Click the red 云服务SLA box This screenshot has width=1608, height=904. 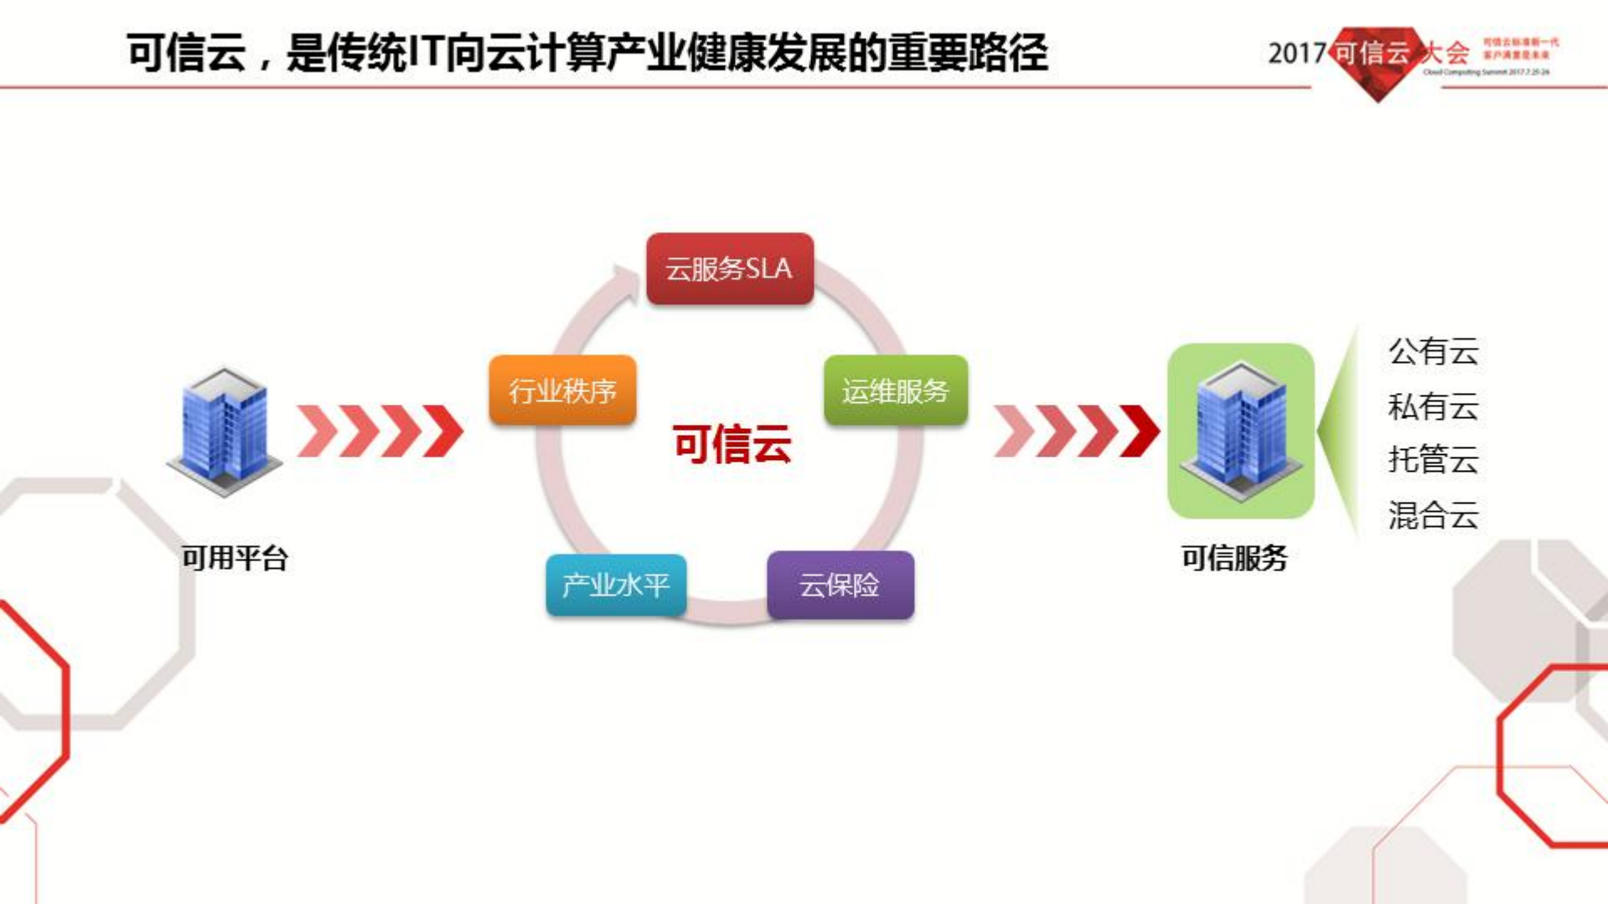tap(729, 269)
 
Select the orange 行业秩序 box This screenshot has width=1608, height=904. tap(562, 390)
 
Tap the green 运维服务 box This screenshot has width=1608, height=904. tap(895, 390)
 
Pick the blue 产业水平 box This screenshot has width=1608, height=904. tap(616, 585)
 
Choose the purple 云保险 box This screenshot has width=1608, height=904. tap(840, 585)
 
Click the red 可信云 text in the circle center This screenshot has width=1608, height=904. tap(732, 444)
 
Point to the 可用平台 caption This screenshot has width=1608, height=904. tap(235, 558)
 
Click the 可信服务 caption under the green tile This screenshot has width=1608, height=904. tap(1233, 558)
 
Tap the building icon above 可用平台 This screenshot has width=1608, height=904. tap(225, 431)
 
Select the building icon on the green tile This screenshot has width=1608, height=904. tap(1240, 431)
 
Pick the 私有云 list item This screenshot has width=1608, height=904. tap(1433, 407)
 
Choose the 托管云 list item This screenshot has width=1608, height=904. tap(1433, 460)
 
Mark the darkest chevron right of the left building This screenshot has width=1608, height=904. tap(444, 431)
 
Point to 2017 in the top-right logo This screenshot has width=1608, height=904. tap(1295, 54)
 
